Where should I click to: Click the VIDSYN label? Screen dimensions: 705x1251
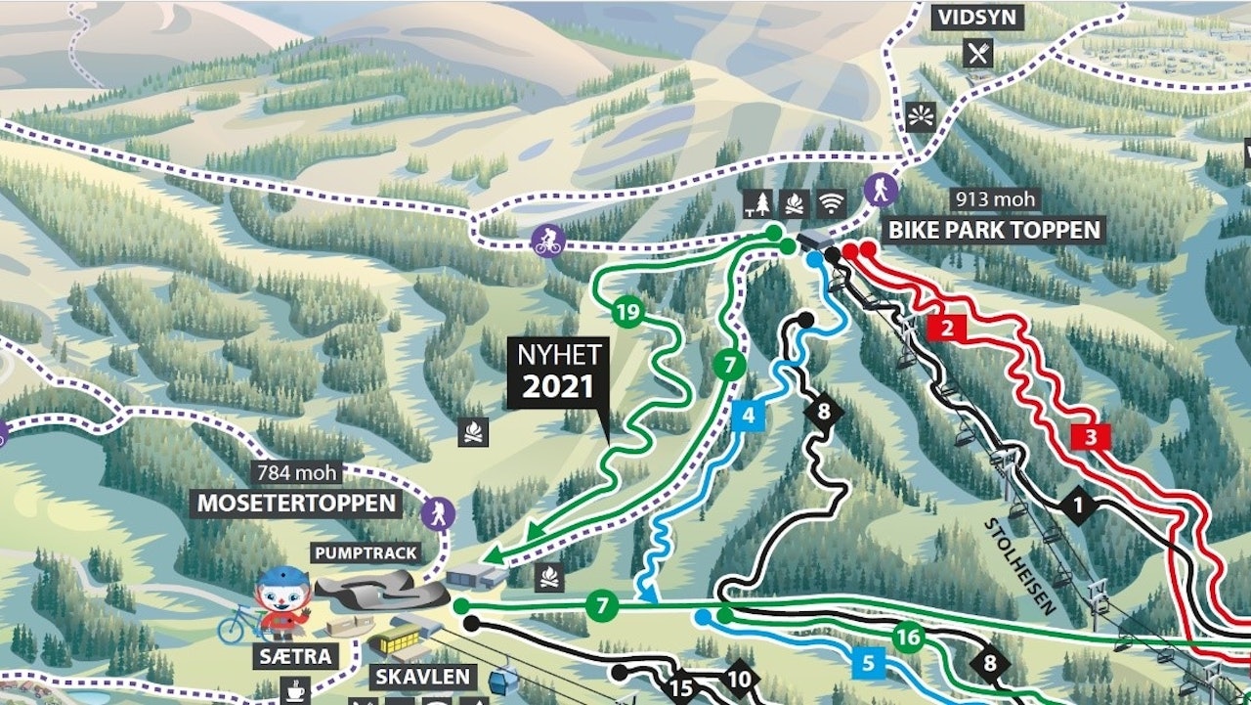pos(978,18)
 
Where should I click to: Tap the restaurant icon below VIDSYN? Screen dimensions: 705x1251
pos(977,53)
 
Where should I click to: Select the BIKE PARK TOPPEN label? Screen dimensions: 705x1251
pos(994,231)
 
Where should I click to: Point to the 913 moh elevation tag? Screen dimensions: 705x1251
pos(994,200)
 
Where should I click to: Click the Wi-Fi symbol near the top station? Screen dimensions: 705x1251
pos(831,203)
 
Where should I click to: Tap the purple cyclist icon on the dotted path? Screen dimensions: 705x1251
pos(547,240)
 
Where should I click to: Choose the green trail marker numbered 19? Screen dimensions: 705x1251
pos(627,314)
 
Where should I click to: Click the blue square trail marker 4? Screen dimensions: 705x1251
pos(748,415)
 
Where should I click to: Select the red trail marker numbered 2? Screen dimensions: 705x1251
pos(946,328)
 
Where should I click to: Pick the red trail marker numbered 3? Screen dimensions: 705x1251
pos(1091,436)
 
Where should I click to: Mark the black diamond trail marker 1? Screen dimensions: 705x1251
pos(1078,507)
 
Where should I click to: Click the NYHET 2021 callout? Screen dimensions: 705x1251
pos(557,373)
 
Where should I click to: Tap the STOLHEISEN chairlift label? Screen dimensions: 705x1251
pos(1019,566)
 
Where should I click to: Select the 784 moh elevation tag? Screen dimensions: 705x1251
pos(296,473)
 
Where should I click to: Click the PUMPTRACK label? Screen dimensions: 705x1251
pos(366,552)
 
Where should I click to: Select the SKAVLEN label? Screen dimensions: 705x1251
pos(422,677)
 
